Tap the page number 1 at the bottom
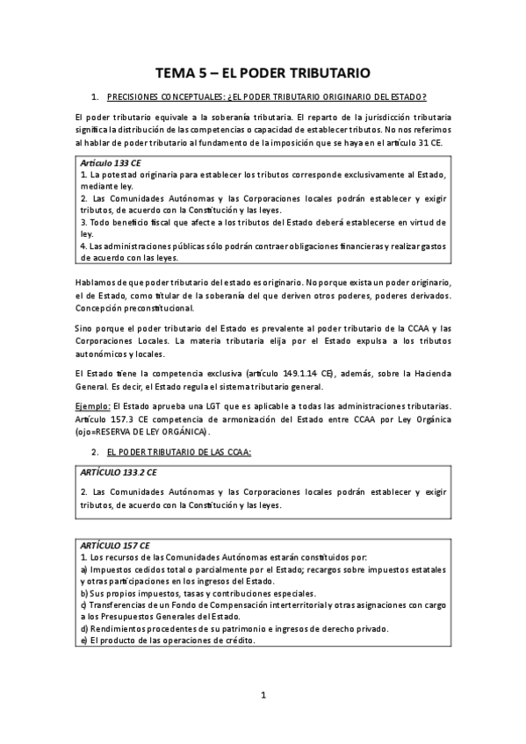pos(263,696)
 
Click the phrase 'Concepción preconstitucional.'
pos(136,308)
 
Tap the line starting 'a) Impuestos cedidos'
pos(263,569)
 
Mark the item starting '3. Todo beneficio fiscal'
pos(263,222)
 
